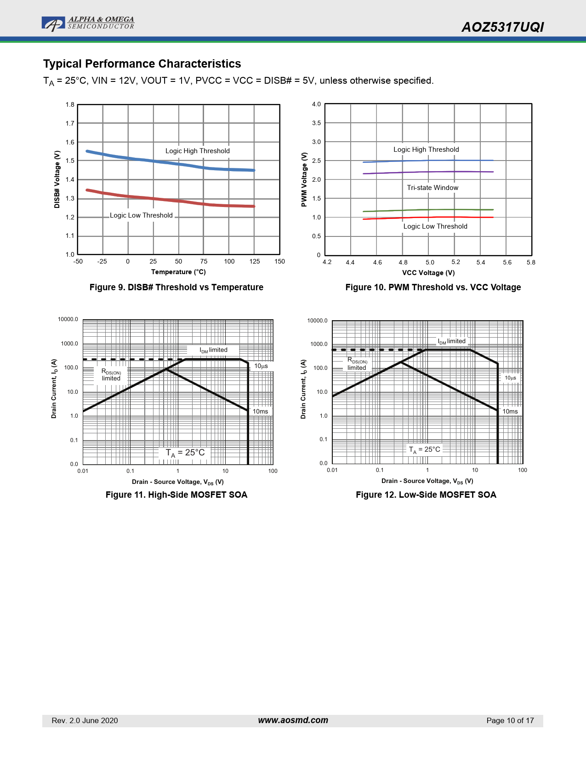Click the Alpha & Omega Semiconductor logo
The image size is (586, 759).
click(x=88, y=23)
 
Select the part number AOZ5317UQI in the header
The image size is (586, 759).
click(x=502, y=28)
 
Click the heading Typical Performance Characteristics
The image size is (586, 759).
click(x=142, y=64)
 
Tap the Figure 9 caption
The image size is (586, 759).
click(x=176, y=287)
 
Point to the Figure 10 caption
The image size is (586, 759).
click(x=433, y=287)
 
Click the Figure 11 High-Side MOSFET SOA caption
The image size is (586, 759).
click(x=176, y=495)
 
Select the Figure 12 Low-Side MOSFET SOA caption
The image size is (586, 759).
click(x=426, y=495)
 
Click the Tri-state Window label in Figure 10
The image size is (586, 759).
click(x=432, y=188)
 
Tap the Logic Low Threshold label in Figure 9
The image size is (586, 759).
click(x=141, y=215)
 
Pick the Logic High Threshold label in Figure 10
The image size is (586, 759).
click(x=426, y=149)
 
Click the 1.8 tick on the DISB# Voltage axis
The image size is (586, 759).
click(x=70, y=105)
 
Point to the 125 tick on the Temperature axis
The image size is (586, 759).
click(x=255, y=262)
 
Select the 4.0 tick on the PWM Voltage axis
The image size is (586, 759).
click(x=316, y=104)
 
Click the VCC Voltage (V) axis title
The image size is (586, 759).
click(x=428, y=273)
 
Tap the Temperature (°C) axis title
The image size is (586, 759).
click(x=178, y=272)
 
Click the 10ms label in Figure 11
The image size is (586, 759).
click(x=260, y=412)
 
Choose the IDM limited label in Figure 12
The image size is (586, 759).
click(x=451, y=341)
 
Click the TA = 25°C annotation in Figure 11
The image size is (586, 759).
click(x=185, y=453)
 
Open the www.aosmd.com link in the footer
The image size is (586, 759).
click(x=293, y=720)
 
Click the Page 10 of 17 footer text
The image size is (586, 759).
click(x=510, y=721)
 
